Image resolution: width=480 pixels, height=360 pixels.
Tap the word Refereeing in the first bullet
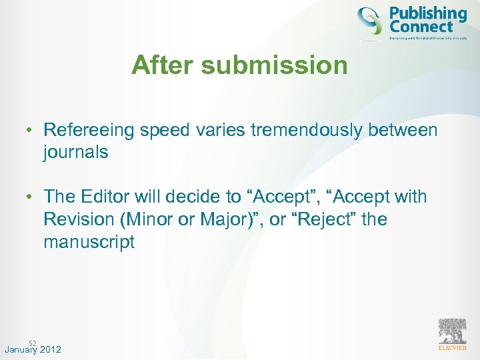pos(88,130)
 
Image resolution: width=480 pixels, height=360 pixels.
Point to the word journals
pos(75,152)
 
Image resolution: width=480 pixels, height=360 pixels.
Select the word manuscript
pos(89,241)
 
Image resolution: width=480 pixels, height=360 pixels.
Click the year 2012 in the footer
pos(50,350)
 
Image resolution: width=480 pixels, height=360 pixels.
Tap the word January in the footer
pos(19,350)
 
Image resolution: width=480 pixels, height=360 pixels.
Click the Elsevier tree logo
pos(452,331)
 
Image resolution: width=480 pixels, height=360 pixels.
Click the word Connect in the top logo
pos(421,27)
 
